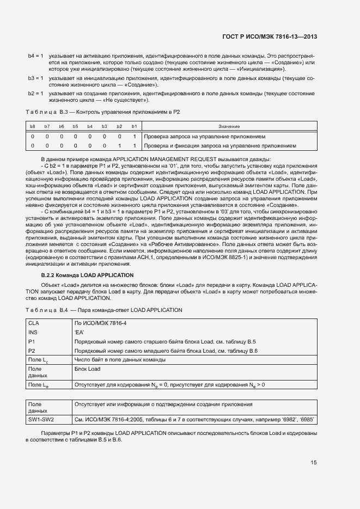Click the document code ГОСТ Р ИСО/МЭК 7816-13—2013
pyautogui.click(x=270, y=37)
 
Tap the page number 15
pyautogui.click(x=314, y=463)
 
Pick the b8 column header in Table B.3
pyautogui.click(x=33, y=126)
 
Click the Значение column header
pyautogui.click(x=229, y=126)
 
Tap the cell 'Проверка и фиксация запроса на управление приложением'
pyautogui.click(x=220, y=146)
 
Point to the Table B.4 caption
pyautogui.click(x=103, y=310)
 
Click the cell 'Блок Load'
pyautogui.click(x=87, y=369)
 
